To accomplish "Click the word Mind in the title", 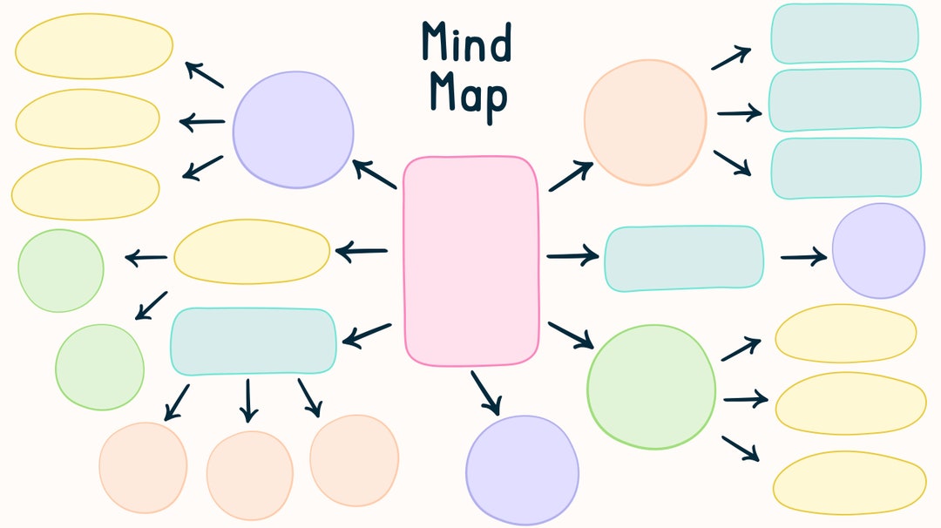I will [466, 43].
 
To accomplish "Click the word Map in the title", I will [468, 94].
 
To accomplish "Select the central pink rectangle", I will [471, 261].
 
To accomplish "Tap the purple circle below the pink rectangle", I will [522, 470].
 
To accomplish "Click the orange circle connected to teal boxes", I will [645, 122].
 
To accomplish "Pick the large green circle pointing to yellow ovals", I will [651, 387].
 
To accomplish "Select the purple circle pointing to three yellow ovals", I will [294, 130].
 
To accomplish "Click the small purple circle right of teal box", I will [877, 251].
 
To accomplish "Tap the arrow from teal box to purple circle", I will [803, 257].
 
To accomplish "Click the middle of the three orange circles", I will [249, 475].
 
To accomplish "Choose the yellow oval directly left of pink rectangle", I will [252, 251].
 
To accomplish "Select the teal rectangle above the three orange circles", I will [253, 341].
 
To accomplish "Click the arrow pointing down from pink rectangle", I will [486, 392].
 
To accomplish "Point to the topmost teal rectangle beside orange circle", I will [844, 34].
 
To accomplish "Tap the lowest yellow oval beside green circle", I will [850, 482].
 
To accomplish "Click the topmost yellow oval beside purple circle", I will [94, 46].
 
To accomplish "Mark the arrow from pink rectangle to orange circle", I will [571, 176].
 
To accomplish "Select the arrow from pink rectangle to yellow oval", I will [362, 252].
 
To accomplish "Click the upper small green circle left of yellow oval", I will [61, 270].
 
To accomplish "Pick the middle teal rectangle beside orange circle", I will [844, 99].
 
